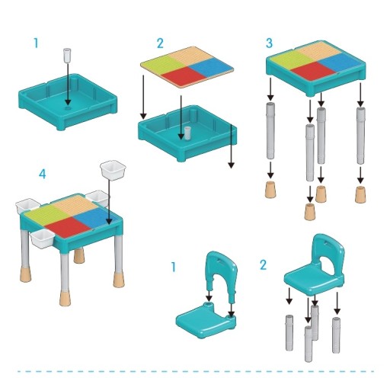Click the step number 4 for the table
click(x=43, y=175)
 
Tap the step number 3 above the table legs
click(x=269, y=43)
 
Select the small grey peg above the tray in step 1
click(x=67, y=55)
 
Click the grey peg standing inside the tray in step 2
click(x=187, y=133)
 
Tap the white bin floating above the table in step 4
click(x=113, y=170)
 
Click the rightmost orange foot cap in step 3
click(x=360, y=194)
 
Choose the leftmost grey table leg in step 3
click(x=270, y=130)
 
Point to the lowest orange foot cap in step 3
click(x=310, y=212)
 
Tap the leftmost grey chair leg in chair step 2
click(x=289, y=333)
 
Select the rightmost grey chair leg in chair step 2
click(x=336, y=335)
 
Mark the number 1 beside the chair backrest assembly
click(x=174, y=267)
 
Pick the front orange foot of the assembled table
click(x=64, y=298)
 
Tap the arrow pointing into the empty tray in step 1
click(x=68, y=84)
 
